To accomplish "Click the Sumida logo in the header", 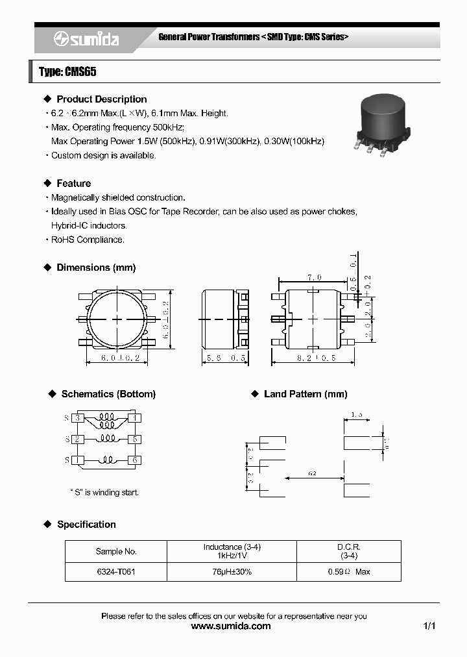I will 86,40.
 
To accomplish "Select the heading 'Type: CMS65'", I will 67,72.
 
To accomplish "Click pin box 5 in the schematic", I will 135,440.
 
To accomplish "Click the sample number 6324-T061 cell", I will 116,572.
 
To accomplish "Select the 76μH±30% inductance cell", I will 232,572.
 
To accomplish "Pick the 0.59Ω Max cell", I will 349,572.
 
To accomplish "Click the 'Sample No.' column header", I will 116,551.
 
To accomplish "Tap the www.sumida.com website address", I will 232,626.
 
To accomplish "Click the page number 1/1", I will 429,626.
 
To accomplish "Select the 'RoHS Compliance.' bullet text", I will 88,240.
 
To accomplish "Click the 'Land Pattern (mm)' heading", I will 305,394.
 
